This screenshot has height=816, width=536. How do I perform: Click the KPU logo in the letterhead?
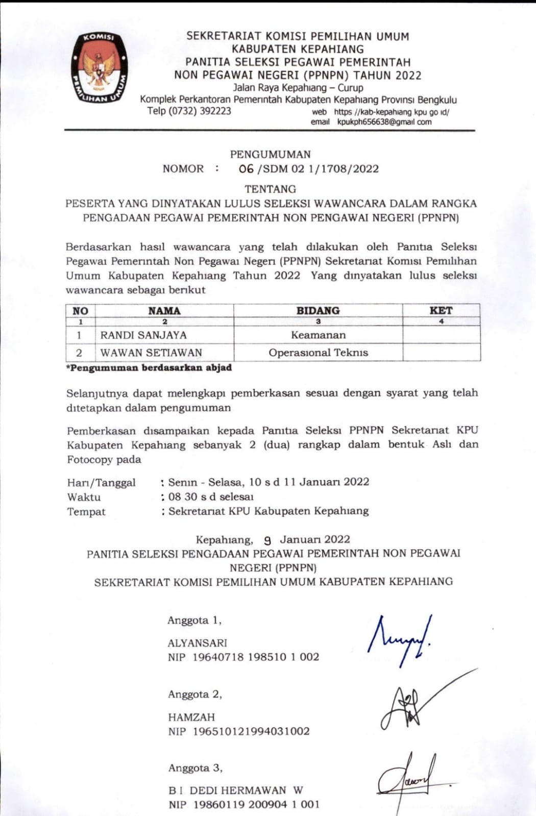(x=100, y=68)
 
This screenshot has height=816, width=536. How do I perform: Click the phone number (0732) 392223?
(x=189, y=111)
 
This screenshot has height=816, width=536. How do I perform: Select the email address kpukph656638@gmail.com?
(x=384, y=122)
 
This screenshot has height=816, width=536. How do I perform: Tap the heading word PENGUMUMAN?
(x=270, y=154)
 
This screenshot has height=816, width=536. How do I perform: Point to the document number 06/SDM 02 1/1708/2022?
(x=308, y=169)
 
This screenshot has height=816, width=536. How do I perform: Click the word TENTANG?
(x=270, y=189)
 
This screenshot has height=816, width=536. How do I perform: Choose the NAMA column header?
(x=164, y=311)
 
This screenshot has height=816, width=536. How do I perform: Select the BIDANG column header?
(x=318, y=311)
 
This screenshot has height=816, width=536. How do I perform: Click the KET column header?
(x=441, y=311)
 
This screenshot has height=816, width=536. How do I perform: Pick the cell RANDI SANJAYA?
(x=143, y=335)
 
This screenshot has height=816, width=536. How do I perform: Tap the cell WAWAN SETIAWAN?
(x=151, y=353)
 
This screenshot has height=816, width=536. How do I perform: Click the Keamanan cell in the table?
(x=318, y=335)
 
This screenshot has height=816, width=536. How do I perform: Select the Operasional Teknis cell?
(x=318, y=353)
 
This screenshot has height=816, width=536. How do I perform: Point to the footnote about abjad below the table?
(x=149, y=368)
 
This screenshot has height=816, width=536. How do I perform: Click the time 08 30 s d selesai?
(x=211, y=497)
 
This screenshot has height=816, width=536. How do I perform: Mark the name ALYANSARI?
(x=198, y=643)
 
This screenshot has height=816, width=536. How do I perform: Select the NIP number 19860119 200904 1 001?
(x=256, y=805)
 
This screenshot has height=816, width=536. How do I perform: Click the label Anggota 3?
(x=195, y=768)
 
